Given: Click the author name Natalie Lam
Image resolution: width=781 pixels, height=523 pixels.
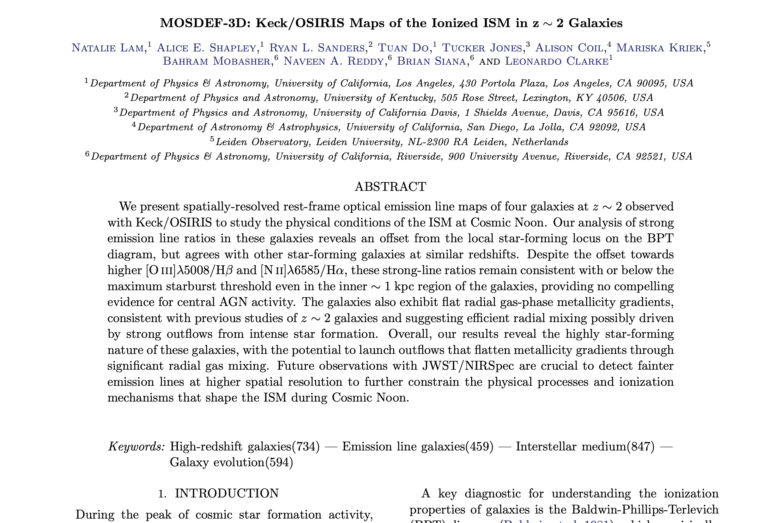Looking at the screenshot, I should [x=108, y=48].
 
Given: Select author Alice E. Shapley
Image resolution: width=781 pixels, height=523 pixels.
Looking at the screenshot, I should [x=206, y=48].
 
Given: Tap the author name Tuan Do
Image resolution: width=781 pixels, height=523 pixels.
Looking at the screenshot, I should [x=403, y=48].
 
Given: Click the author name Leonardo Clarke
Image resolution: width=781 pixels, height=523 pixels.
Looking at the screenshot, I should [x=556, y=62].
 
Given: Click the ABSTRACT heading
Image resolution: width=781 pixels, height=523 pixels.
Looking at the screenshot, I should [x=390, y=187].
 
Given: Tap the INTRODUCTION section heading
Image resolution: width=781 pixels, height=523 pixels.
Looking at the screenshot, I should [x=227, y=493].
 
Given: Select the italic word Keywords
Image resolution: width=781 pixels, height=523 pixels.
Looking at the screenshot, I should [x=136, y=446].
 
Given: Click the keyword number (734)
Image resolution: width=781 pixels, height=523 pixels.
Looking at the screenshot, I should [x=306, y=446].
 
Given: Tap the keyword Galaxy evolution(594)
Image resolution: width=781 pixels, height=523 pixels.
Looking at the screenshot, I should [x=231, y=462].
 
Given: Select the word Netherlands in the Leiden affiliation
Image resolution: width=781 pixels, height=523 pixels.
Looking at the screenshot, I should [x=540, y=142].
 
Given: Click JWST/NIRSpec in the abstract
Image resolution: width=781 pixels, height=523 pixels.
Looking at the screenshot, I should [x=468, y=366].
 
